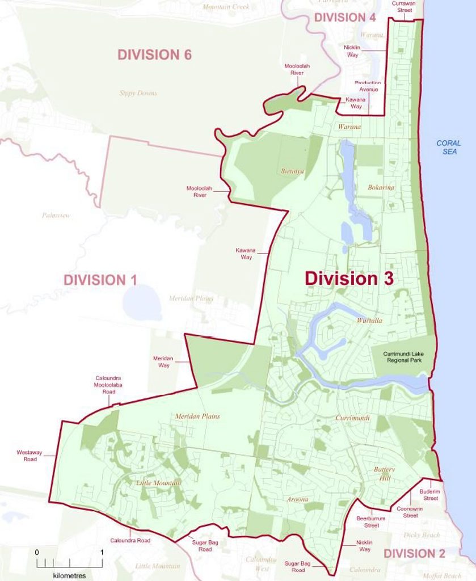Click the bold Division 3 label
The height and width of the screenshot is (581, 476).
[x=349, y=279]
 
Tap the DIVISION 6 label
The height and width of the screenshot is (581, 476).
[x=154, y=54]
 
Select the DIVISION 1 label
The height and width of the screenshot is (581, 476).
[x=100, y=280]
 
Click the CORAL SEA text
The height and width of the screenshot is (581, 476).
[x=448, y=148]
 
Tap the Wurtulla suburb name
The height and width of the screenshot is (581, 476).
[x=369, y=321]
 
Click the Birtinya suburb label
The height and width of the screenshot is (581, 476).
[x=293, y=171]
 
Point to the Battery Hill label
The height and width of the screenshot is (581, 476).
[x=384, y=473]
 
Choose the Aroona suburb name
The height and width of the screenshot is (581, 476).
[x=297, y=499]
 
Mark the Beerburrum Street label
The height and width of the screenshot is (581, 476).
[x=371, y=522]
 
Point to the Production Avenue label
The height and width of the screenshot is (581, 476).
[x=368, y=86]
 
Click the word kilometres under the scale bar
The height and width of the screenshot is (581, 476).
[x=69, y=575]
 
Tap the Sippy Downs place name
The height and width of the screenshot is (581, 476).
[x=138, y=93]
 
